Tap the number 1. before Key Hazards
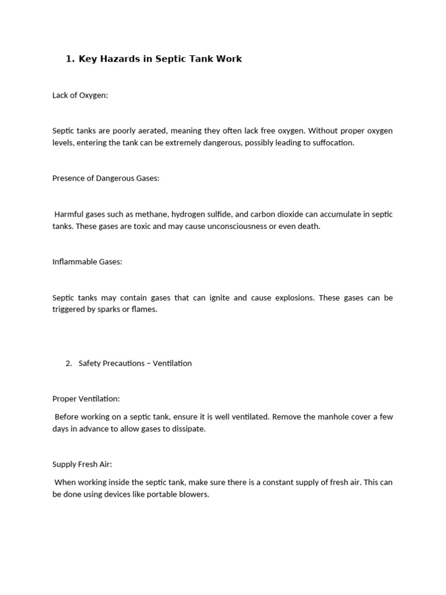(x=70, y=59)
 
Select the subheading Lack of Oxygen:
(x=80, y=95)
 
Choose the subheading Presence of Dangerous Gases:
(x=106, y=178)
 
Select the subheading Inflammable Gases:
(x=87, y=262)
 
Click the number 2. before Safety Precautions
(x=69, y=363)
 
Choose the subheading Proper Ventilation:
(x=86, y=399)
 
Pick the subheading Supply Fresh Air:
(x=82, y=464)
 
